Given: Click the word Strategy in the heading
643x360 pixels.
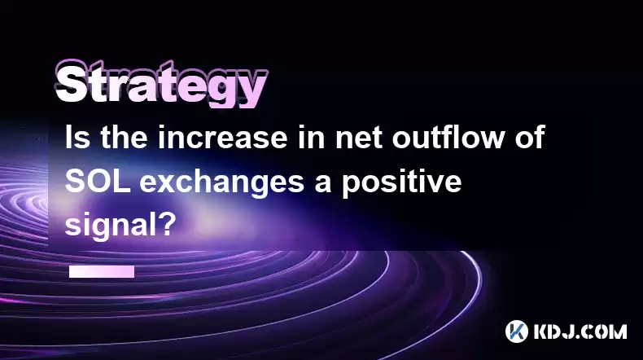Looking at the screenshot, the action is point(162,85).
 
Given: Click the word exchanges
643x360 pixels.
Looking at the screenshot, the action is point(222,183).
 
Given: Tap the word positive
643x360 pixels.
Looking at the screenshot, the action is point(402,183).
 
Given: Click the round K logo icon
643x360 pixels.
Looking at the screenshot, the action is point(516,331).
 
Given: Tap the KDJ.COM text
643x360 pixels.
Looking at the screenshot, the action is point(580,331).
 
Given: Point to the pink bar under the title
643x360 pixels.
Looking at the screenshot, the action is point(102,271).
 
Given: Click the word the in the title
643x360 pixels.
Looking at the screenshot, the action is point(124,137).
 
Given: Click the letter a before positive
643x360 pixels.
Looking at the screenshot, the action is point(323,184).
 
